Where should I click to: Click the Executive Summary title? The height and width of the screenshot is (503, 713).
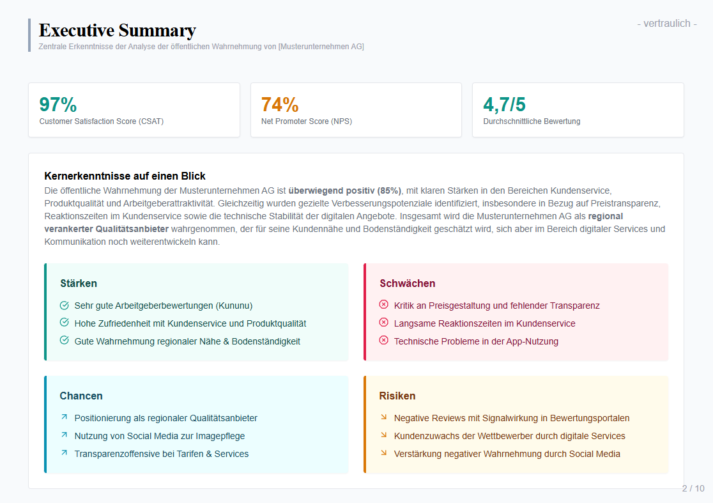point(118,30)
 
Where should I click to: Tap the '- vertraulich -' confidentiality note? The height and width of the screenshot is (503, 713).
point(666,24)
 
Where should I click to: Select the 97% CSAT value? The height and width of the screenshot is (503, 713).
point(58,104)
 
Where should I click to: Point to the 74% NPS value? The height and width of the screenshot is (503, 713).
point(280,104)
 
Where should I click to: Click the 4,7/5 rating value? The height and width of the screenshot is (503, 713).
point(504,104)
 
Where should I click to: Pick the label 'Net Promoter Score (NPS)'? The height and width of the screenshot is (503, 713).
point(307,121)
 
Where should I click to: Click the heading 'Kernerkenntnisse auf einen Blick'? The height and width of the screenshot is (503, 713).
point(125,176)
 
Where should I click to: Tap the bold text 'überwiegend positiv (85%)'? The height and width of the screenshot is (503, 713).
point(345,190)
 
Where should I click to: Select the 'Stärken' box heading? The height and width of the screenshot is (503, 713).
point(79,283)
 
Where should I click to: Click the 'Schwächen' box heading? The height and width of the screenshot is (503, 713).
point(407,283)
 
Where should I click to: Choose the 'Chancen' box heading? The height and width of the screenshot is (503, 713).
point(81,396)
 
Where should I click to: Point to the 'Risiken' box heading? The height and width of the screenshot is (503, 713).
point(397,396)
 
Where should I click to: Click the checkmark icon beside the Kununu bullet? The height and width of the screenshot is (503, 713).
point(64,306)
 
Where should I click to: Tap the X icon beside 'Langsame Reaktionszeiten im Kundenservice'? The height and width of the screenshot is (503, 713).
point(383,323)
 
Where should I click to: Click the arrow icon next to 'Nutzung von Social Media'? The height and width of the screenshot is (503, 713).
point(64,435)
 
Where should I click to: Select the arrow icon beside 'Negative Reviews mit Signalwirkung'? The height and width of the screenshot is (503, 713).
point(383,417)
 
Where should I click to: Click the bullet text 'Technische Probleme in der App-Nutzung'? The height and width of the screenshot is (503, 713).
point(476,341)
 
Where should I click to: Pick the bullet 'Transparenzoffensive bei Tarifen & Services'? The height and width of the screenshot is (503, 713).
point(162,454)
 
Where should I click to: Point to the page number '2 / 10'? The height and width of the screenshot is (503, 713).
point(693,488)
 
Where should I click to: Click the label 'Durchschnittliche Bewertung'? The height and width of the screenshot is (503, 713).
point(532,121)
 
